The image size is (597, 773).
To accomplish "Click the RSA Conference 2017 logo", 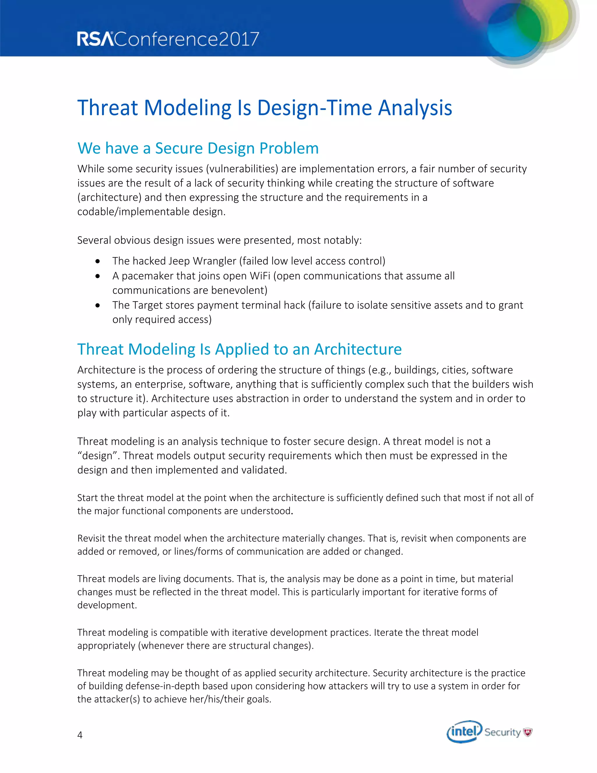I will (x=168, y=39).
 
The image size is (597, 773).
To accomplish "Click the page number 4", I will (x=80, y=735).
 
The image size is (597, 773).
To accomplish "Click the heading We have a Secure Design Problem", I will (x=198, y=148).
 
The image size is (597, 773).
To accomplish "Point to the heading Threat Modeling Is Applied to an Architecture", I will (x=239, y=349).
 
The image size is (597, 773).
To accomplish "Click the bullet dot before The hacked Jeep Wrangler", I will (x=98, y=261).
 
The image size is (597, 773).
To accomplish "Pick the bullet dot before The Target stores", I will (x=98, y=305).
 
